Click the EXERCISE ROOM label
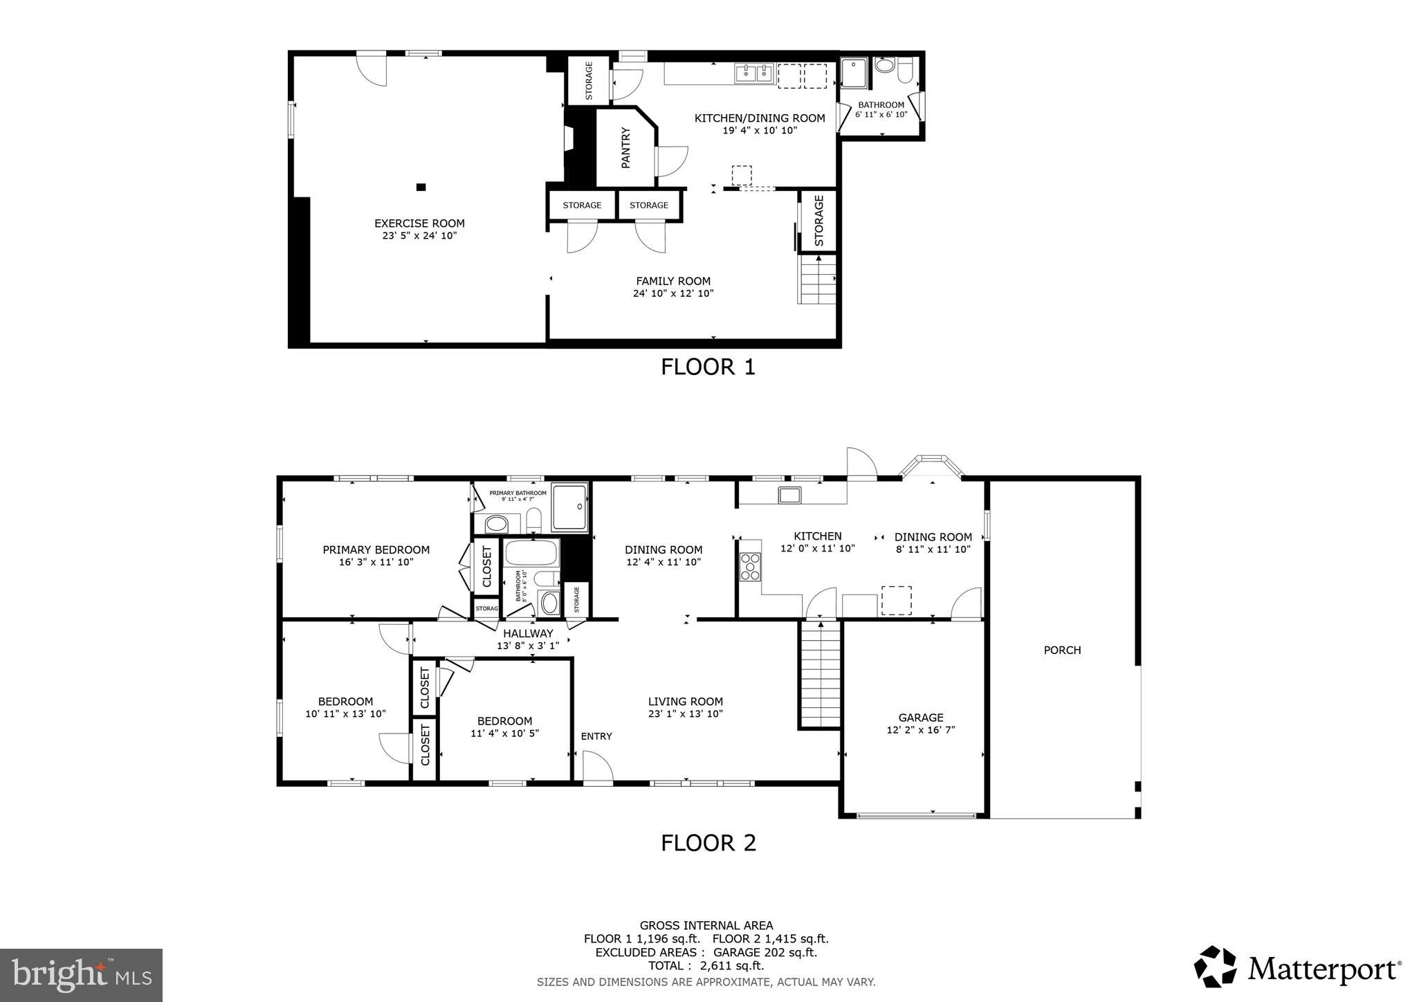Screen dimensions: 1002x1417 [419, 224]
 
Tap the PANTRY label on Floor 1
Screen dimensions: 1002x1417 [626, 147]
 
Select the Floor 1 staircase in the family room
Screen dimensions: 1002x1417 [818, 280]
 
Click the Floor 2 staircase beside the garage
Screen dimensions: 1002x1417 [821, 674]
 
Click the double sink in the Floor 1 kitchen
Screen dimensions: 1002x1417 [754, 73]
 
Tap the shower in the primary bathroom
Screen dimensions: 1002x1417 [569, 507]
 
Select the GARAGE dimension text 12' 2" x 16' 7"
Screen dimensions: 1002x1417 [920, 730]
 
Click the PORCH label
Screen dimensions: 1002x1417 [1062, 650]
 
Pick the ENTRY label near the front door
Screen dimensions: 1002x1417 [596, 736]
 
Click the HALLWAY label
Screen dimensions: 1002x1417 [528, 633]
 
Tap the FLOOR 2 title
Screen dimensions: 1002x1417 [708, 843]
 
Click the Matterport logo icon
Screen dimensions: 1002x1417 [1215, 966]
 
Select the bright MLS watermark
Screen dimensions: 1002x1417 [82, 975]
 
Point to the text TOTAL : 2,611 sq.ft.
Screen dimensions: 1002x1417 [706, 965]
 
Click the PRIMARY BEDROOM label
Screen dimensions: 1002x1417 [376, 550]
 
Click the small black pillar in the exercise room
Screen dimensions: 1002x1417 [421, 187]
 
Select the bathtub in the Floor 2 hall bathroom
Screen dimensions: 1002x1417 [531, 553]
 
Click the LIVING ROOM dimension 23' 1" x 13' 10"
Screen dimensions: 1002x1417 [685, 713]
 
